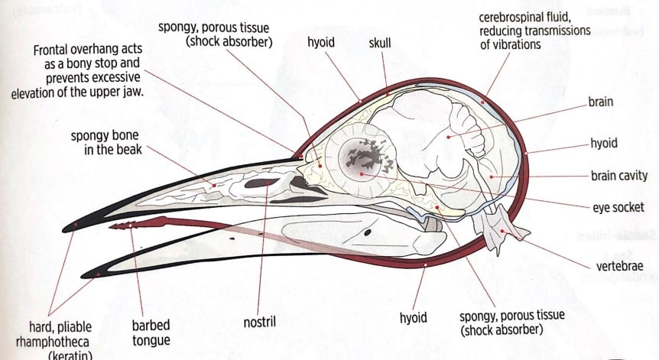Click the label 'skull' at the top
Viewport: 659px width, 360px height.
(379, 43)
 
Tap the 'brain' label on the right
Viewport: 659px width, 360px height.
(602, 102)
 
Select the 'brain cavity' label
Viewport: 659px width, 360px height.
(618, 176)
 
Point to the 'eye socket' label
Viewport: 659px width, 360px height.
(616, 207)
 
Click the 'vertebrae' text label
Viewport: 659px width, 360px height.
(616, 267)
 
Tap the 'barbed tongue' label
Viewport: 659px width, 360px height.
(151, 332)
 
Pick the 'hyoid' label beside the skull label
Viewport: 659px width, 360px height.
(321, 43)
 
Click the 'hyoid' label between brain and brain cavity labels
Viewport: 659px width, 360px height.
(604, 143)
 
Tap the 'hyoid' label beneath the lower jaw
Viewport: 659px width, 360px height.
(413, 317)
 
